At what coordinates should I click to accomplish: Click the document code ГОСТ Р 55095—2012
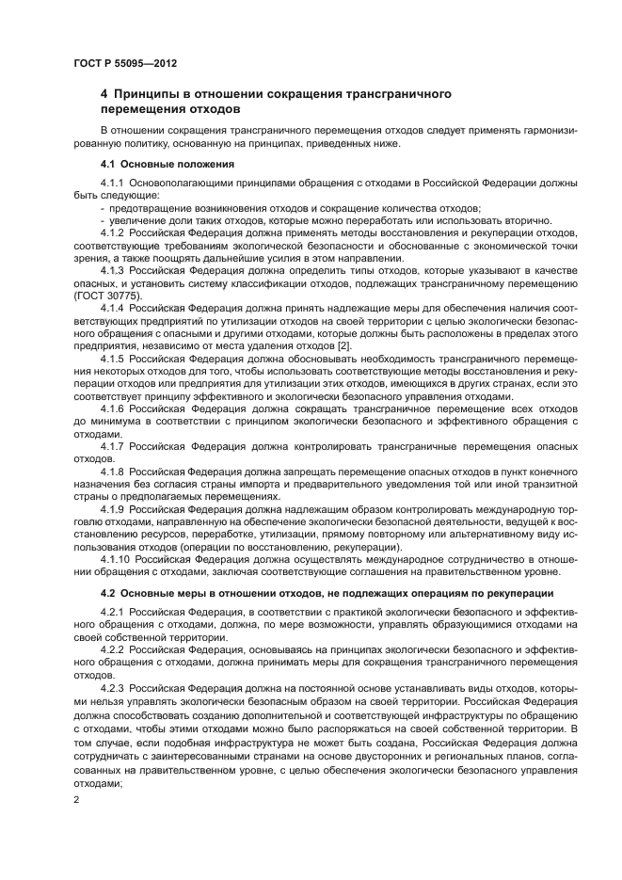tap(125, 63)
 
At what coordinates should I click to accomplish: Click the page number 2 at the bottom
tap(77, 799)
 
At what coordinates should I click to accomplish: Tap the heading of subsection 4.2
tap(326, 593)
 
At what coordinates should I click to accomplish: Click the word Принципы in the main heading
tap(148, 94)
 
